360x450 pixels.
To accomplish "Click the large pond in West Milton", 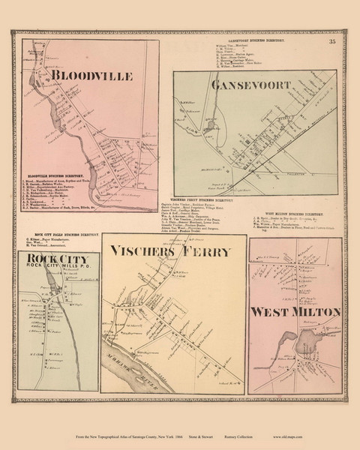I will pyautogui.click(x=305, y=343).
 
